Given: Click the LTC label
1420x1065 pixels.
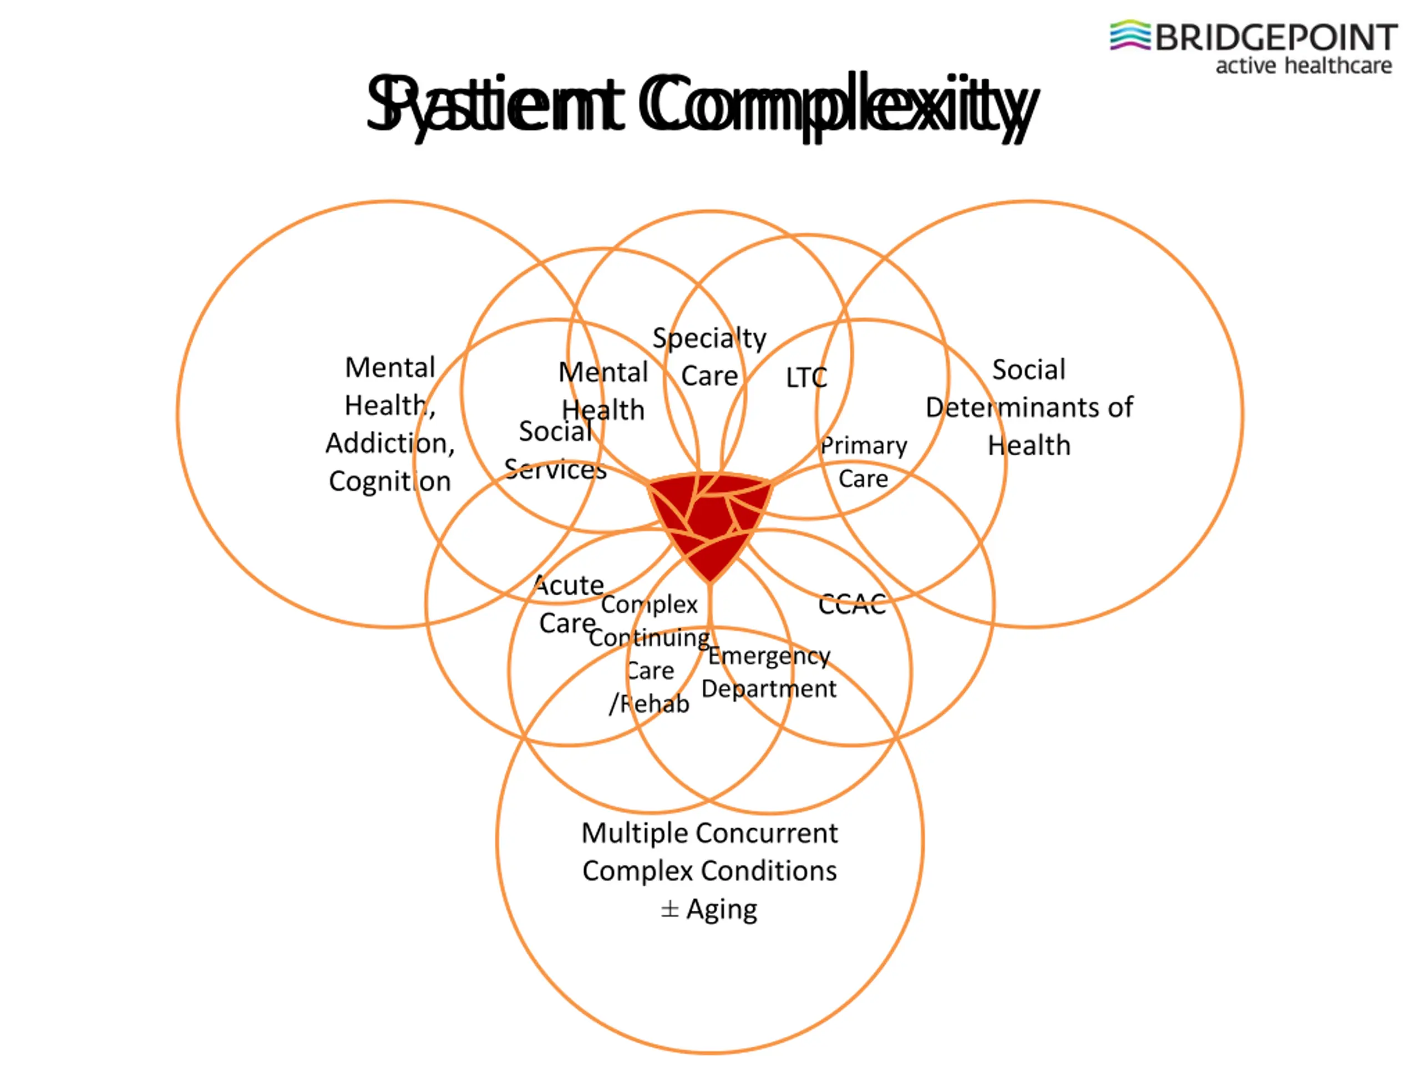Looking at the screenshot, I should pos(807,378).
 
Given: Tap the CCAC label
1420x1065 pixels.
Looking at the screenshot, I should pos(852,605).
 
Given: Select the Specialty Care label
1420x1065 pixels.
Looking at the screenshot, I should pos(709,357).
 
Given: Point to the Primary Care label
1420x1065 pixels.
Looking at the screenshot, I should pos(864,462).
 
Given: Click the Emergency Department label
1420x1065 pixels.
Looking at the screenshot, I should pos(769,672).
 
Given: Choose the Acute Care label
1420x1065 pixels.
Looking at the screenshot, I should pos(569,604).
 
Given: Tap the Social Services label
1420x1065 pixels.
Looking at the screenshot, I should pos(556,450).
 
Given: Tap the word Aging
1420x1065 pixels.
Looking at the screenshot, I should pos(722,910).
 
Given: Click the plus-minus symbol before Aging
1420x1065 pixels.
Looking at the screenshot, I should pos(670,910).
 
